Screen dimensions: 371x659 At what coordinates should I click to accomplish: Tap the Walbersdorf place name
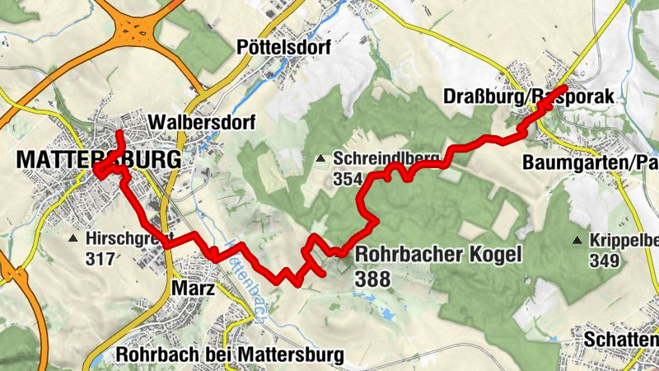coord(202,122)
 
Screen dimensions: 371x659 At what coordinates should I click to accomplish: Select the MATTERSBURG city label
coord(97,158)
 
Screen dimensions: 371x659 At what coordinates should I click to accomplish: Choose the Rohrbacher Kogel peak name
coord(438,255)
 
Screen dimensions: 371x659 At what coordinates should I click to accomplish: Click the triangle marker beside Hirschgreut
coord(72,239)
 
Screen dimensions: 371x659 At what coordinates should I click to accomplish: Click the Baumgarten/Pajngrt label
coord(590,162)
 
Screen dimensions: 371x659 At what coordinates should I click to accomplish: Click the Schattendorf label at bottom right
coord(621,339)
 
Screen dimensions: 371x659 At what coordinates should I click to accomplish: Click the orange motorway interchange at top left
coord(133,32)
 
